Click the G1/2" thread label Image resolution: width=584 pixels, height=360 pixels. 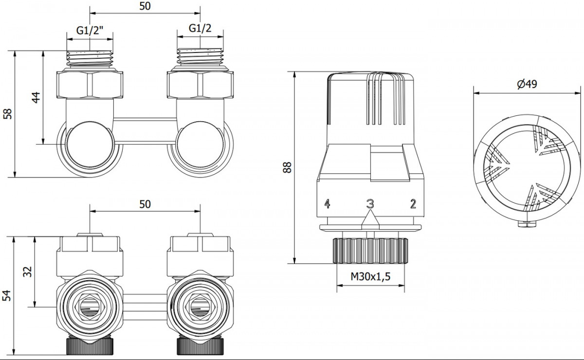90,31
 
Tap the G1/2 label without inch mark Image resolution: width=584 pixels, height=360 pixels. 200,28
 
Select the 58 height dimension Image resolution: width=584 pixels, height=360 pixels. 8,114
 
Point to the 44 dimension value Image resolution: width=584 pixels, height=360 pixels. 36,97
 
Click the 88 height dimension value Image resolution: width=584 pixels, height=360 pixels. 287,167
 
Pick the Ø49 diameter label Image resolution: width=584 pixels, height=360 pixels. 527,84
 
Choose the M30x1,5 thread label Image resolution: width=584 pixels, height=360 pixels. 370,276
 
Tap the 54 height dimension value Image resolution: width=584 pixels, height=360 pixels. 7,295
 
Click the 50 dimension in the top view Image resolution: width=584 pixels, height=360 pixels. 145,6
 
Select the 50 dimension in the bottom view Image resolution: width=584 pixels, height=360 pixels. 145,204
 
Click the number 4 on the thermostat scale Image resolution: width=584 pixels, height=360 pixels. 327,203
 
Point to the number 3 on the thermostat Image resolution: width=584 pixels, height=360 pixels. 370,204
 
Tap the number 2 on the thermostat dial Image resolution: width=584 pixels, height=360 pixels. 413,204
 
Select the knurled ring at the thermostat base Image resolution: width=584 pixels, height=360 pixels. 370,251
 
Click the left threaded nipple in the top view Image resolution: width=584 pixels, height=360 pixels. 90,59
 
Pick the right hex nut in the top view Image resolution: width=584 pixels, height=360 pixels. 200,85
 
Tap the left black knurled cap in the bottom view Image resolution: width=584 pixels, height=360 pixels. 90,346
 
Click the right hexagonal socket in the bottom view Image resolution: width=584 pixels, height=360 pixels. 200,306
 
